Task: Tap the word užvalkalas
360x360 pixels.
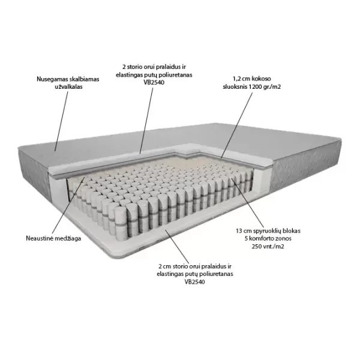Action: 68,87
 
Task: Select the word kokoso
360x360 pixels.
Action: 261,79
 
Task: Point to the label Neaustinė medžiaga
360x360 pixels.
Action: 53,238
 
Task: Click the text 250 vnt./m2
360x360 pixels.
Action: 268,247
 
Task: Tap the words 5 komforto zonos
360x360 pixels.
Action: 268,239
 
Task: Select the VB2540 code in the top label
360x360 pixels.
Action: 154,82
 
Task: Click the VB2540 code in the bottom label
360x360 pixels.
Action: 194,282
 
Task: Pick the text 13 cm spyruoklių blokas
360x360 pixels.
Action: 268,231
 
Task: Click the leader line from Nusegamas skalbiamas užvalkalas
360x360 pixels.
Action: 62,121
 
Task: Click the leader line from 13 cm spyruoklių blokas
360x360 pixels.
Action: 247,202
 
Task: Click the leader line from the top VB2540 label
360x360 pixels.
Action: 146,120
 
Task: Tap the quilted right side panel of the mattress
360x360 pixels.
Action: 305,166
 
